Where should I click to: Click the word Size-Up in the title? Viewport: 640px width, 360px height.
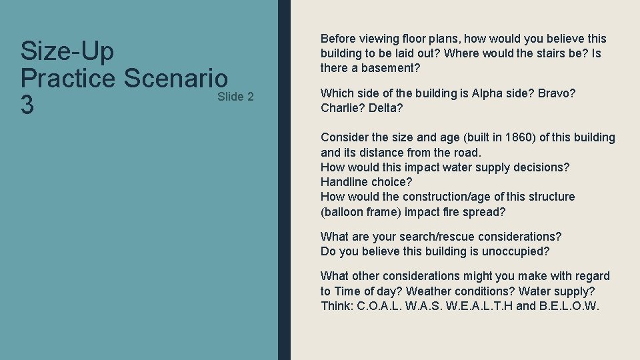pos(67,51)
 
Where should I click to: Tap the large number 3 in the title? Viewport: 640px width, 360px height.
pos(27,106)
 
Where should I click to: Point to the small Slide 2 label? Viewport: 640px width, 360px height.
pos(235,97)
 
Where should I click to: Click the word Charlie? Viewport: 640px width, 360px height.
pos(342,108)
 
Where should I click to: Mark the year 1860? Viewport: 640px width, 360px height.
pos(520,137)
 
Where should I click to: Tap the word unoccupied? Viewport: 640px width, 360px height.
pos(516,251)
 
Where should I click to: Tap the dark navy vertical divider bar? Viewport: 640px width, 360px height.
pos(284,180)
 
